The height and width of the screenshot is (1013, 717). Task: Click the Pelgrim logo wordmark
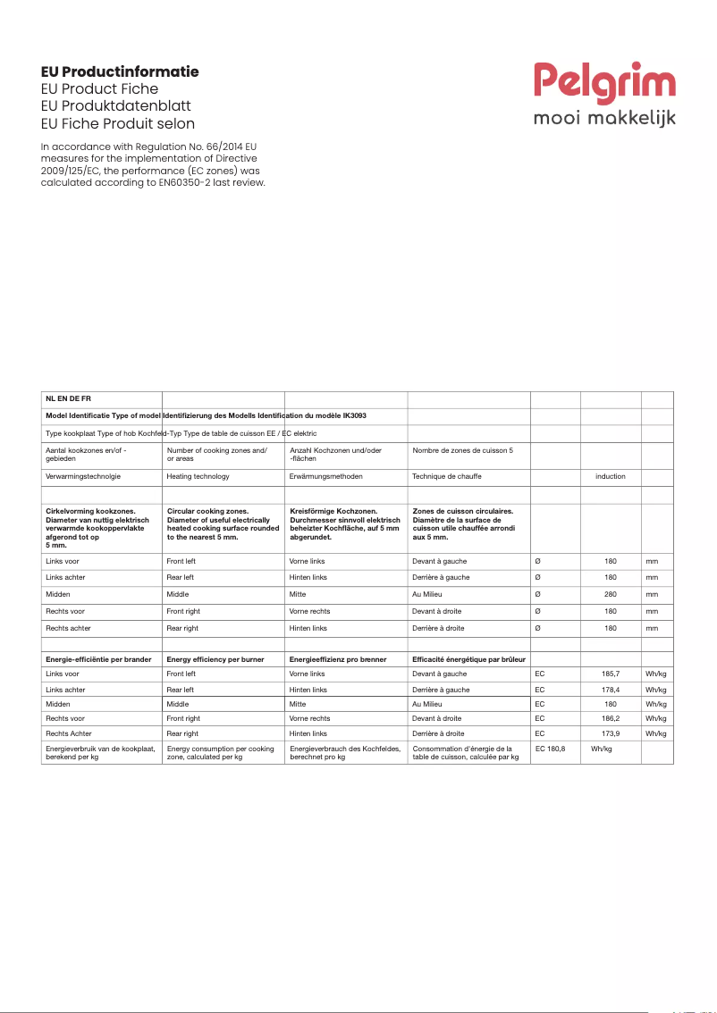click(605, 83)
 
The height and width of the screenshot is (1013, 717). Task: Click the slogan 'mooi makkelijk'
click(604, 118)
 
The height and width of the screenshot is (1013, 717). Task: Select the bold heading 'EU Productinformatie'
click(120, 71)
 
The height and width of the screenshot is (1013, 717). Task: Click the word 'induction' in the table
click(611, 477)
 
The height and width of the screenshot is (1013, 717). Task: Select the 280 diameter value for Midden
click(611, 594)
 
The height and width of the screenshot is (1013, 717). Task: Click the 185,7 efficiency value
click(611, 674)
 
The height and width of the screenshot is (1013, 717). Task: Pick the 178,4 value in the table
click(611, 691)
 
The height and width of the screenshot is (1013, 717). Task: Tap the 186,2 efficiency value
click(611, 718)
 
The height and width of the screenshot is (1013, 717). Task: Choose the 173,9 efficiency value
click(611, 733)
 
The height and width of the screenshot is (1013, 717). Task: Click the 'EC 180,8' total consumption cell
click(550, 749)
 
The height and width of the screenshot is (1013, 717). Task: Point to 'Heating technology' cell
click(198, 477)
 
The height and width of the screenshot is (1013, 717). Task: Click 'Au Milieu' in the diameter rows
click(428, 594)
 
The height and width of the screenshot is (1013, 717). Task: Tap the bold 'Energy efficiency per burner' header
click(215, 659)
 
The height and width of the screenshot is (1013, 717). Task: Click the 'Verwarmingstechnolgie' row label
click(83, 477)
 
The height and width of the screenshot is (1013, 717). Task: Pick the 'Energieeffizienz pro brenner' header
click(338, 659)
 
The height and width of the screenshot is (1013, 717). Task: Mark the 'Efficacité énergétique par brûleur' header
click(468, 659)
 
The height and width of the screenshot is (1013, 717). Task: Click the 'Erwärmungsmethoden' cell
click(325, 477)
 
